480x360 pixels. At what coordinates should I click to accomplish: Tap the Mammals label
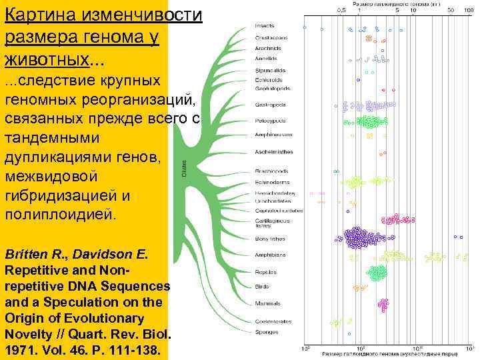(x=267, y=303)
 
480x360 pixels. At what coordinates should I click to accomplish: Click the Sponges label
(x=266, y=331)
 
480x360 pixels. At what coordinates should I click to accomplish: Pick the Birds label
(x=262, y=287)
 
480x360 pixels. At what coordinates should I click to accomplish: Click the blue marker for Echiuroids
(x=358, y=81)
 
